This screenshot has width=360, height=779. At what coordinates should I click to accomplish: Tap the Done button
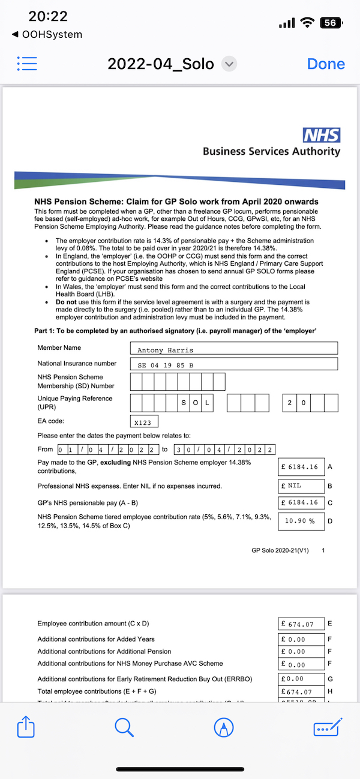(326, 64)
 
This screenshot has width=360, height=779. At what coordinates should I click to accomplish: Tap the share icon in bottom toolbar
(26, 728)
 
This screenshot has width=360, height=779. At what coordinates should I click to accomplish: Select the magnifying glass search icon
(124, 728)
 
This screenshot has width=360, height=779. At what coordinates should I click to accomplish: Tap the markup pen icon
(224, 728)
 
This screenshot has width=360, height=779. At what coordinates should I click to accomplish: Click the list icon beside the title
(28, 64)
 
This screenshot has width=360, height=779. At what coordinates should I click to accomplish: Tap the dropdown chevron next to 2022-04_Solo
(229, 64)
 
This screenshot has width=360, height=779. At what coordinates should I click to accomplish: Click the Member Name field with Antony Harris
(233, 349)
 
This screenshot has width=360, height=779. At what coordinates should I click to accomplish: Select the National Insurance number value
(233, 364)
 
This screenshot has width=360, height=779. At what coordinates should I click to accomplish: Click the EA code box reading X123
(143, 422)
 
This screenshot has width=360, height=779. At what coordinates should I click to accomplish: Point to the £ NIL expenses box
(301, 486)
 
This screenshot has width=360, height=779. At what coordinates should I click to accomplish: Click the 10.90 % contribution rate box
(301, 521)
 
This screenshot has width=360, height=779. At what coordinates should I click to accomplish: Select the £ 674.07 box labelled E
(301, 624)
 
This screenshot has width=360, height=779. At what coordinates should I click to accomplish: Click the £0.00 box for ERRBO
(301, 679)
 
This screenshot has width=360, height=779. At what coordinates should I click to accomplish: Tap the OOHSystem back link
(47, 35)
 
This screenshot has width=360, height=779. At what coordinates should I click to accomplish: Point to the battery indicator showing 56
(331, 23)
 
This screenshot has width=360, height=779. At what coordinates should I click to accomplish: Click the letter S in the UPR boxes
(184, 403)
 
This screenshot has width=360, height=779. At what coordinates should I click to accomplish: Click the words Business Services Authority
(271, 151)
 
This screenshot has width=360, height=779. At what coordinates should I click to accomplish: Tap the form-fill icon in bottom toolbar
(328, 728)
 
